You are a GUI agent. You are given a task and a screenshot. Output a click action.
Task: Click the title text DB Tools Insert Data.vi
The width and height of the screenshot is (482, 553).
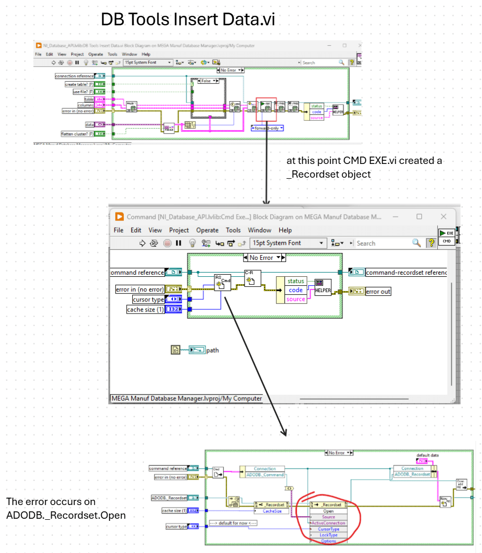pyautogui.click(x=188, y=20)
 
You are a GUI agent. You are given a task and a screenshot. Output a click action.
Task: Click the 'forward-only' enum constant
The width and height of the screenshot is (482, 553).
pyautogui.click(x=267, y=128)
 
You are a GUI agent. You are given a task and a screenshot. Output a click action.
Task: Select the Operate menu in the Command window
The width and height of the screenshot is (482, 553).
pyautogui.click(x=207, y=230)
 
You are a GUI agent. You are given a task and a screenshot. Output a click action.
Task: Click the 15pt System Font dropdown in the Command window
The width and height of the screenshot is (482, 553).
pyautogui.click(x=288, y=243)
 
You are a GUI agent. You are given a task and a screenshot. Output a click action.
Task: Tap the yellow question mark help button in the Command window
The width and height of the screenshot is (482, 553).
pyautogui.click(x=431, y=243)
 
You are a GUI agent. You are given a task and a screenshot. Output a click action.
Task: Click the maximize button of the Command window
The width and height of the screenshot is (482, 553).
pyautogui.click(x=419, y=217)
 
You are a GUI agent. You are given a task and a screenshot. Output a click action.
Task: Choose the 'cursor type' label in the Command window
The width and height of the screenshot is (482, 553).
pyautogui.click(x=148, y=299)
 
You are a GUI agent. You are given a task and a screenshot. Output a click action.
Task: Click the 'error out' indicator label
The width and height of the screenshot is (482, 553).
pyautogui.click(x=378, y=291)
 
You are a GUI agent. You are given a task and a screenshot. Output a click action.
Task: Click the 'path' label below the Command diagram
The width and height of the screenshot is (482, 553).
pyautogui.click(x=212, y=350)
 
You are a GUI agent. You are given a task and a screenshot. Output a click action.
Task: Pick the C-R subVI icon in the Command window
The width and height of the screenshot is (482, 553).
pyautogui.click(x=252, y=278)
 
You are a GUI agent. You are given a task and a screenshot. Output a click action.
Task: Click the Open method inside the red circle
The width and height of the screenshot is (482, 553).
pyautogui.click(x=328, y=511)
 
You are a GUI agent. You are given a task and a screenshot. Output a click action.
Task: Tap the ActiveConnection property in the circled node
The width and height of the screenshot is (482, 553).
pyautogui.click(x=328, y=523)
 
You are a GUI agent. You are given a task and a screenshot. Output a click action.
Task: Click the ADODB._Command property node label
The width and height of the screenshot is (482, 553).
pyautogui.click(x=264, y=475)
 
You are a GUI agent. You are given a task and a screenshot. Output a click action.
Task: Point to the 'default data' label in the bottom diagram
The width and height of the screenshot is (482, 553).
pyautogui.click(x=427, y=455)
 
